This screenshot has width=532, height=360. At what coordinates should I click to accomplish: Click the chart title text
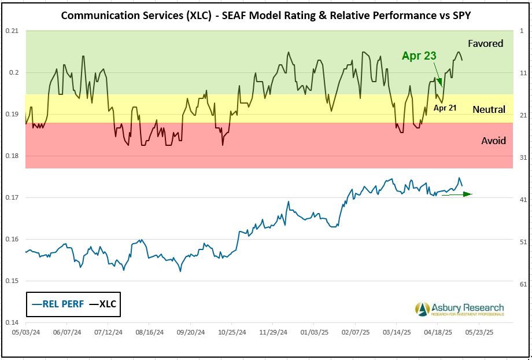point(265,15)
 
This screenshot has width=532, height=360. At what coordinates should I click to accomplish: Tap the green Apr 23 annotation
point(419,56)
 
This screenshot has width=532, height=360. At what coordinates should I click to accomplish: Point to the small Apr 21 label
point(445,108)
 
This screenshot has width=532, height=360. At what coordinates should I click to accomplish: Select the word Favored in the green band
point(486,43)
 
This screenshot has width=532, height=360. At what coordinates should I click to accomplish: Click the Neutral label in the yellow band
point(489,109)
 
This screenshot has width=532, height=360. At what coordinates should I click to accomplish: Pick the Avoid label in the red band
point(493,141)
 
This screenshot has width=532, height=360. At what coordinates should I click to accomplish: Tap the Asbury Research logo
point(460,309)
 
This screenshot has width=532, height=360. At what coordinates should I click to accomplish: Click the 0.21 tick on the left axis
point(12,31)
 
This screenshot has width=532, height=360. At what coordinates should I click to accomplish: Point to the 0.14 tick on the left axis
point(12,322)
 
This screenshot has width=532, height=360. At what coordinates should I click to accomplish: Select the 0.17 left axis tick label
point(12,197)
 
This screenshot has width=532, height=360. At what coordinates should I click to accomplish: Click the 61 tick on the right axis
point(523,284)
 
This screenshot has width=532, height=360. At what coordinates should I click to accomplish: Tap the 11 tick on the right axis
point(523,73)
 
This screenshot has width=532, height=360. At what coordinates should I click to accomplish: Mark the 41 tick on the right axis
point(523,200)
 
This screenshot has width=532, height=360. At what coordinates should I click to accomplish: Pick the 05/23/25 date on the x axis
point(479,333)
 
